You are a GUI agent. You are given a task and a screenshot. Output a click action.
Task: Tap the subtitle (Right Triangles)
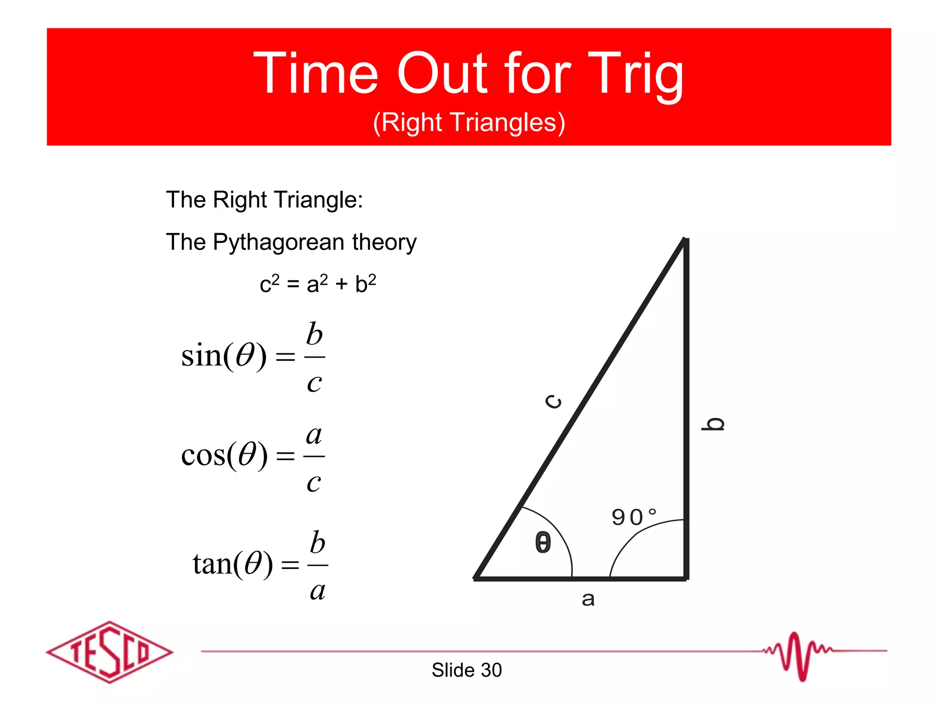[469, 122]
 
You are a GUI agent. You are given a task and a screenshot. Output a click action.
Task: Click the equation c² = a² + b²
[318, 284]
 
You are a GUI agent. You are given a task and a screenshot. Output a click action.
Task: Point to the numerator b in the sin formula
[315, 333]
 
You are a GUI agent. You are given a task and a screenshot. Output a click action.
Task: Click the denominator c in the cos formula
[314, 482]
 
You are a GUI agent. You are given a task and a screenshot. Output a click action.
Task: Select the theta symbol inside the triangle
[543, 543]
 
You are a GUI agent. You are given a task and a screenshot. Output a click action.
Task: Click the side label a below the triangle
[588, 599]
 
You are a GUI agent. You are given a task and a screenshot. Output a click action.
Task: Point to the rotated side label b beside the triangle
[713, 424]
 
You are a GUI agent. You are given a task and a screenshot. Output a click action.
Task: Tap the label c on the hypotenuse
[554, 401]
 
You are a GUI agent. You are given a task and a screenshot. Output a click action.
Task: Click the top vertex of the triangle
[685, 240]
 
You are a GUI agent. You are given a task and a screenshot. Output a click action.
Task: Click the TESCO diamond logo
[109, 652]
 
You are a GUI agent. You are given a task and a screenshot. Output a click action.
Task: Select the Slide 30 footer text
[467, 670]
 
